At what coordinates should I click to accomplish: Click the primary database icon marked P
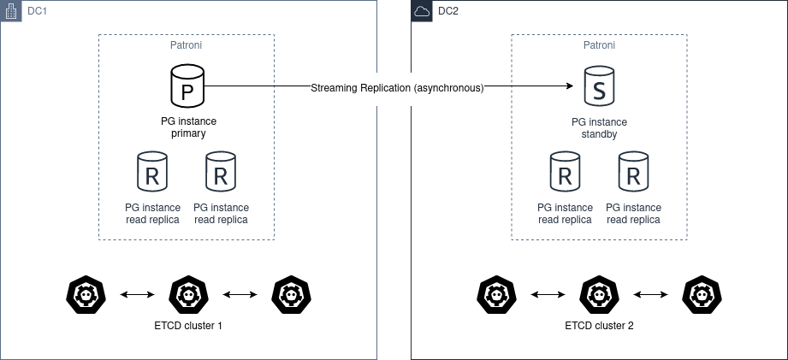pyautogui.click(x=187, y=87)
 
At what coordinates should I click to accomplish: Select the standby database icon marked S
pyautogui.click(x=599, y=87)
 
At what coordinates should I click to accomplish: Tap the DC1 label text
pyautogui.click(x=37, y=11)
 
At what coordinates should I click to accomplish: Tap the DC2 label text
pyautogui.click(x=448, y=11)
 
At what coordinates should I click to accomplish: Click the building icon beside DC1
pyautogui.click(x=10, y=11)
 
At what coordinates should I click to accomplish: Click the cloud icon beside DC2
pyautogui.click(x=422, y=11)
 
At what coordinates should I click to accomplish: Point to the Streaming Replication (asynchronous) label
pyautogui.click(x=397, y=87)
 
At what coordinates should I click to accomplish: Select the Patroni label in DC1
pyautogui.click(x=187, y=45)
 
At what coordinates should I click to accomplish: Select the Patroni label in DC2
pyautogui.click(x=599, y=45)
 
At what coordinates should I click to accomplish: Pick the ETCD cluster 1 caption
pyautogui.click(x=187, y=327)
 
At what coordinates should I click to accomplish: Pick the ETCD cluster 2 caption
pyautogui.click(x=599, y=327)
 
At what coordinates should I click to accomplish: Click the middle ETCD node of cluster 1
pyautogui.click(x=187, y=294)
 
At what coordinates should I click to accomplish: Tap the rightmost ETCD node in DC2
pyautogui.click(x=702, y=294)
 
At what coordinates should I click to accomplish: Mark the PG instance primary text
pyautogui.click(x=187, y=128)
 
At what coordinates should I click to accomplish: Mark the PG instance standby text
pyautogui.click(x=599, y=128)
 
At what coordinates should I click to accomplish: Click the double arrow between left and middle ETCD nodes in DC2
pyautogui.click(x=548, y=295)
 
